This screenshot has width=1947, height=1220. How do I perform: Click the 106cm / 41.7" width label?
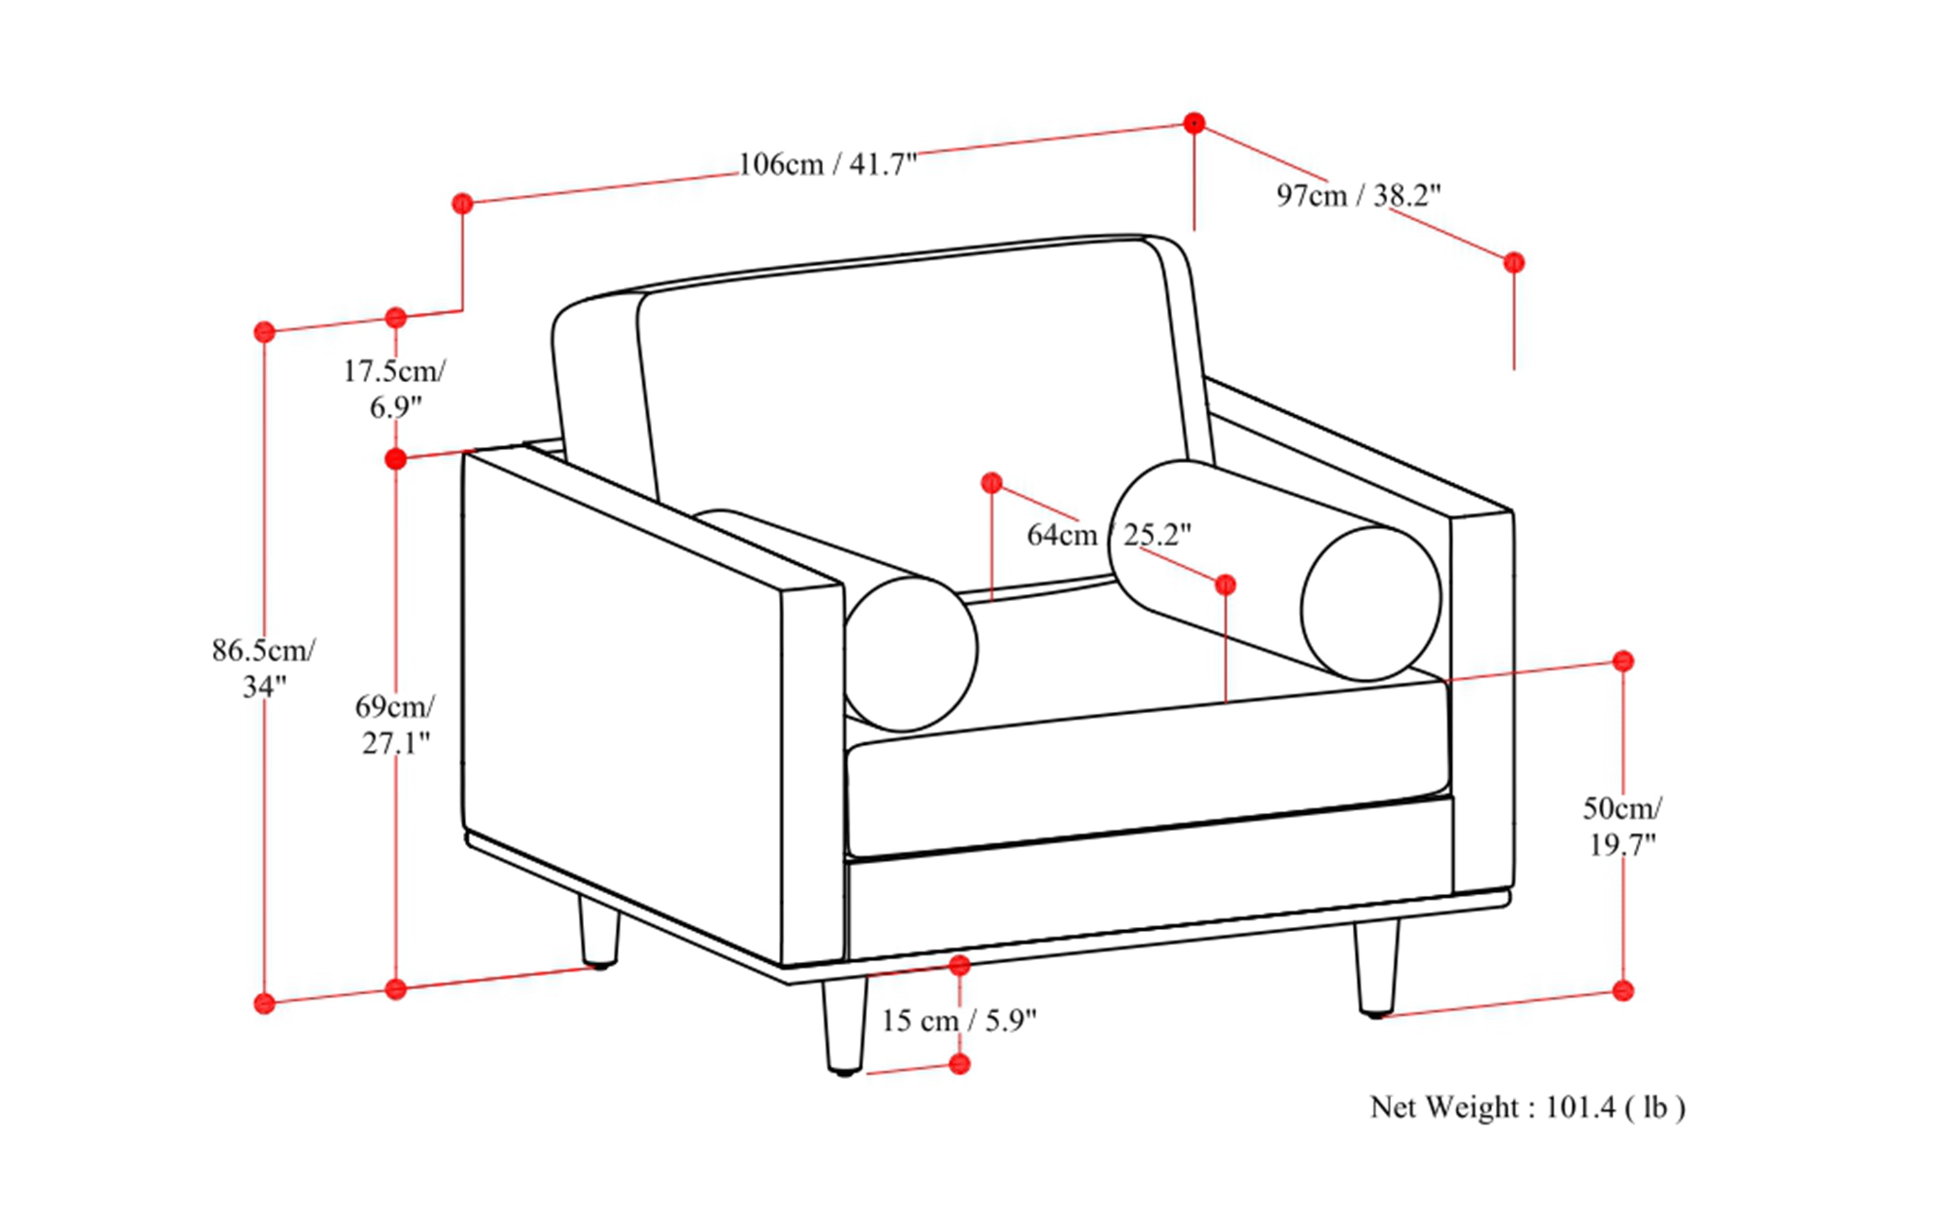pyautogui.click(x=827, y=164)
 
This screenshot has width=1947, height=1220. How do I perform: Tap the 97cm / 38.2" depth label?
pyautogui.click(x=1358, y=195)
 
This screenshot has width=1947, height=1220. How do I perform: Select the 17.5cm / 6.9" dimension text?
pyautogui.click(x=394, y=389)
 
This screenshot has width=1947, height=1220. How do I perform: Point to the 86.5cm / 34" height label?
pyautogui.click(x=263, y=667)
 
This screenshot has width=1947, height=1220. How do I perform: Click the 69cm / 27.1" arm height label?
pyautogui.click(x=394, y=725)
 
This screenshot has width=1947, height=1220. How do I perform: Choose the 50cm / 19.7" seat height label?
pyautogui.click(x=1622, y=826)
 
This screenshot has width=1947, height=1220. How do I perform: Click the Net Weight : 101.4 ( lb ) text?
pyautogui.click(x=1527, y=1107)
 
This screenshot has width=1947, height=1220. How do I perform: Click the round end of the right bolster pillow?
pyautogui.click(x=1370, y=603)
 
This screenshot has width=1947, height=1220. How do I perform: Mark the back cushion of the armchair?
pyautogui.click(x=912, y=404)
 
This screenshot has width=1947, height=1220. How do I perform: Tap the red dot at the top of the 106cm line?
pyautogui.click(x=1194, y=123)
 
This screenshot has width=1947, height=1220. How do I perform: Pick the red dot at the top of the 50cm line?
pyautogui.click(x=1623, y=661)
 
